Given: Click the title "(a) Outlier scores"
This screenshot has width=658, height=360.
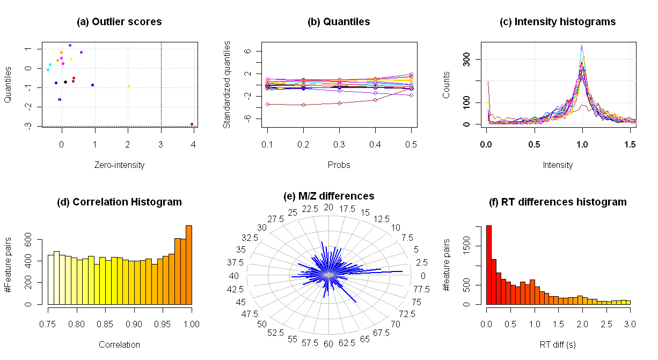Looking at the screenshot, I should (119, 22).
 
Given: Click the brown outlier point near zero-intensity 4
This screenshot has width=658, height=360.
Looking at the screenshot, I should (192, 124).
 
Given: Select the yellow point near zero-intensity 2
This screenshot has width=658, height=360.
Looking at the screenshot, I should (129, 86).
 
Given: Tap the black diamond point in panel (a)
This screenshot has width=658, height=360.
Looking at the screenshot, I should (65, 82).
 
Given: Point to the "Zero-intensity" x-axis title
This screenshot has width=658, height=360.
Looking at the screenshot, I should (119, 165).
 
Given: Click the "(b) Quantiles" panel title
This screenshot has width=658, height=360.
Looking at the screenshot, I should (339, 22).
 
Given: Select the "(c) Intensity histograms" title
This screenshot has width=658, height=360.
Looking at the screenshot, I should (558, 22).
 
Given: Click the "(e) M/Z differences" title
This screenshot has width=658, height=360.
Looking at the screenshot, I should (329, 196).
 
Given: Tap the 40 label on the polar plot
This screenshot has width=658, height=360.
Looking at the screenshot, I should (233, 276).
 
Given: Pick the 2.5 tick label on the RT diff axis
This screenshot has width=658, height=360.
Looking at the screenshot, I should (605, 324).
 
